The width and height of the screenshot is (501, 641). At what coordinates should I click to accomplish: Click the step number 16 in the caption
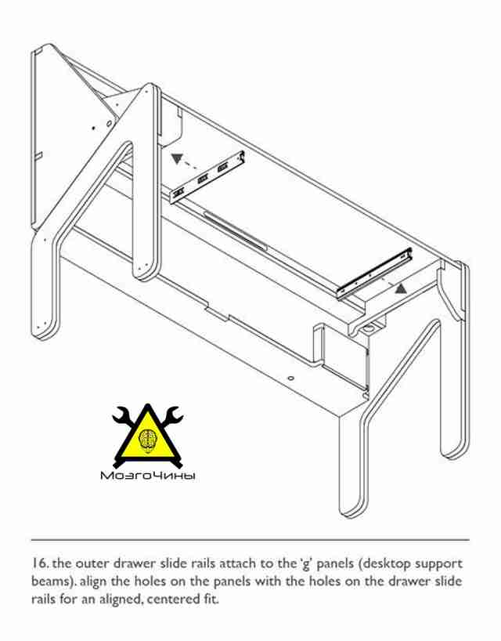(x=41, y=563)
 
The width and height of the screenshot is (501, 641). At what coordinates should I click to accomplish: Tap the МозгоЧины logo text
(x=148, y=476)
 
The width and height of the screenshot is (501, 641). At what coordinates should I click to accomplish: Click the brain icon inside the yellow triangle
(x=147, y=439)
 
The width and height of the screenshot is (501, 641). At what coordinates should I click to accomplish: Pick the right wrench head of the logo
(x=174, y=414)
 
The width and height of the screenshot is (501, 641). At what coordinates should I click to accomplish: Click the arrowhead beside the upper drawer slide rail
(x=177, y=158)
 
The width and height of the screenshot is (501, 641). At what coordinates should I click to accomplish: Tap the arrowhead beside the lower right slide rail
(x=401, y=288)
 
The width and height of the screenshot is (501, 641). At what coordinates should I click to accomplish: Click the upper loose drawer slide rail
(x=207, y=177)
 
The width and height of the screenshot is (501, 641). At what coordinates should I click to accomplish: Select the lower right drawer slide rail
(x=374, y=273)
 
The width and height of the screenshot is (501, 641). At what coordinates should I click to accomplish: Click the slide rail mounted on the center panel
(x=236, y=230)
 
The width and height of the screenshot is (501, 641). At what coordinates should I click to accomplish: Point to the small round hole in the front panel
(x=290, y=378)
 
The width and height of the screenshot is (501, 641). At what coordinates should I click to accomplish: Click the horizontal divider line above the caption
(x=250, y=540)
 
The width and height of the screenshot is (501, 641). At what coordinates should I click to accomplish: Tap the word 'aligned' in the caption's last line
(x=121, y=599)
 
